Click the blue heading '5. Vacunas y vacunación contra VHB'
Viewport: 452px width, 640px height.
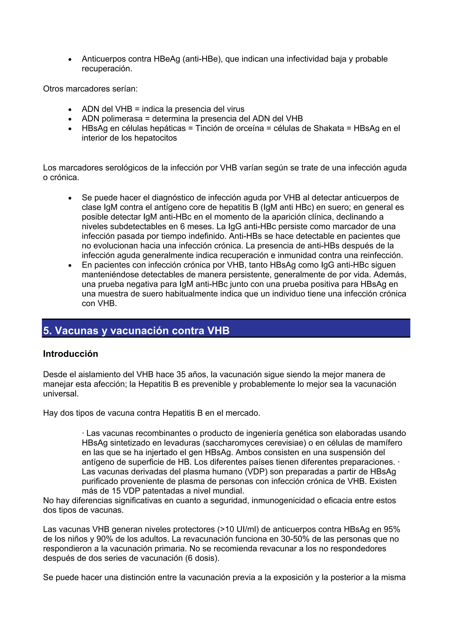[136, 330]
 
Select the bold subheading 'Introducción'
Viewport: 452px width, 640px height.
[70, 354]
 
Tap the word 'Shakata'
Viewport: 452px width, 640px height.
[329, 128]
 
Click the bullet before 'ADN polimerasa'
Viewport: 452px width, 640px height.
[70, 119]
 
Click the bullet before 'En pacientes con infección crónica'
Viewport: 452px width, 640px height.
[70, 266]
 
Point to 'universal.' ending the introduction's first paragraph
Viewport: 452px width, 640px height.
[61, 394]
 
